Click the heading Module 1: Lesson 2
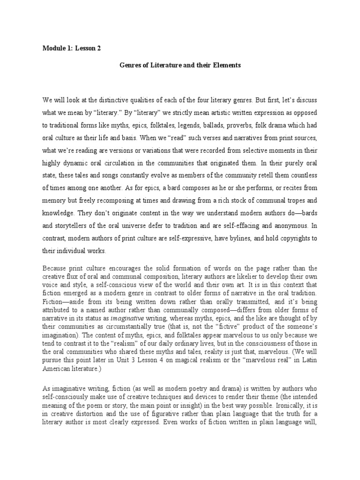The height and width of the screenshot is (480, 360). click(x=72, y=48)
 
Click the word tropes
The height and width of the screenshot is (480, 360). click(x=289, y=201)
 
